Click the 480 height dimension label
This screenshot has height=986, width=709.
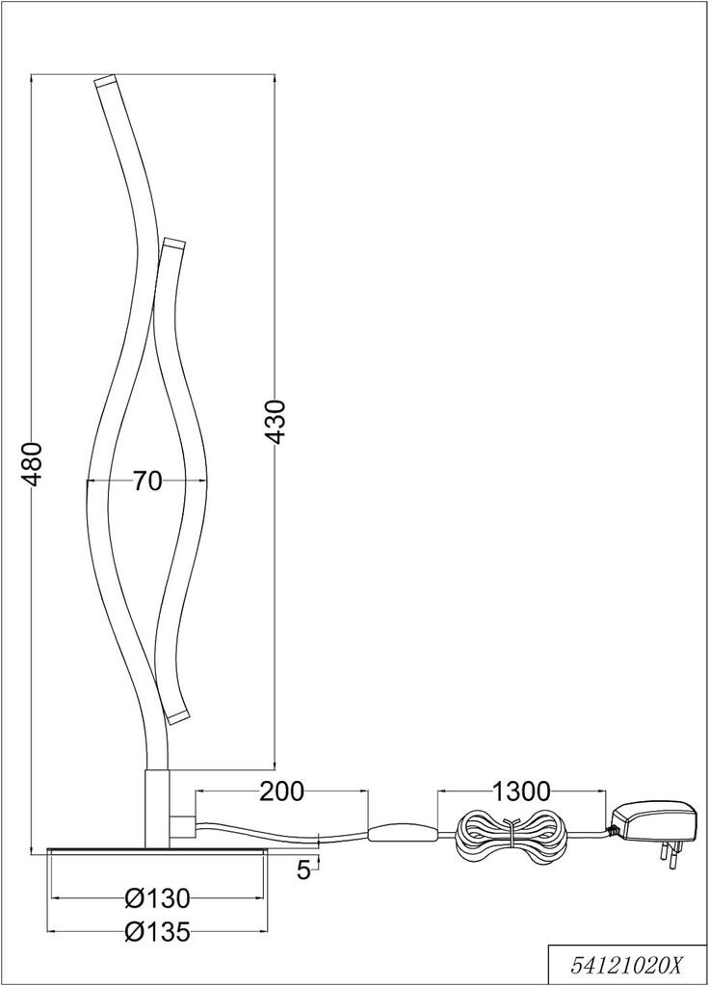[33, 465]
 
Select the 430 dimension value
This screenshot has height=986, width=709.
[276, 422]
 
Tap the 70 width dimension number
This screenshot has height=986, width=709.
[147, 481]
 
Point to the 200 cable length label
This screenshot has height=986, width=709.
[282, 791]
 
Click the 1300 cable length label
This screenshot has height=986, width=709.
[521, 791]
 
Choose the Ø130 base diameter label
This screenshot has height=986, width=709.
[157, 900]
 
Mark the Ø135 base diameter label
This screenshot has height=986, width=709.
[157, 932]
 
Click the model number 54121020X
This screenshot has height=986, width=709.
[626, 968]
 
